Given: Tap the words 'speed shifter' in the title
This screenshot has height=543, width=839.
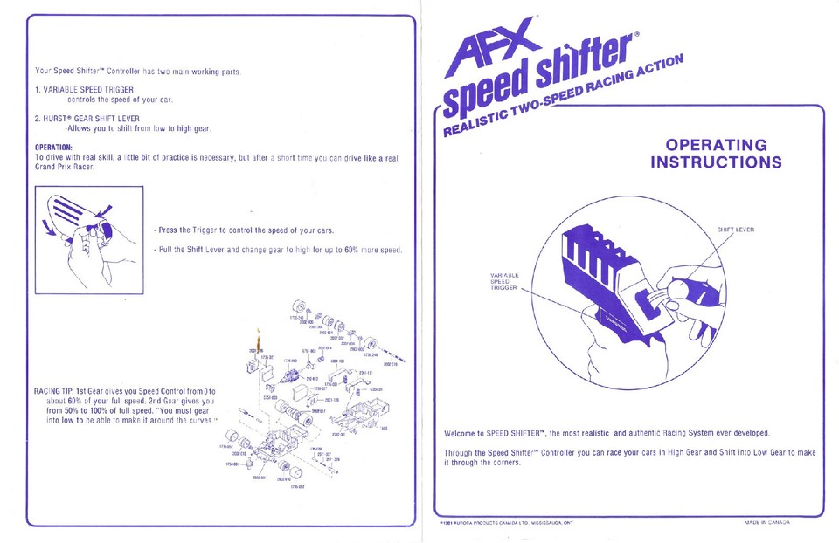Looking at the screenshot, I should tap(543, 84).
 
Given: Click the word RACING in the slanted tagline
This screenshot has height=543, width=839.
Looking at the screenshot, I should tap(620, 83).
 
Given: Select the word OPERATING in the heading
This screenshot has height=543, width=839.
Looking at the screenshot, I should tap(716, 145).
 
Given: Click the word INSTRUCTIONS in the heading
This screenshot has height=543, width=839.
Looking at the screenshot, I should tap(716, 162).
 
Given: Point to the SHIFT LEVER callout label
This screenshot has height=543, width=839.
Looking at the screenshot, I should tap(735, 230).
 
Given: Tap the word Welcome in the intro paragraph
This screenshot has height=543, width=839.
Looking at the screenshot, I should tap(464, 433).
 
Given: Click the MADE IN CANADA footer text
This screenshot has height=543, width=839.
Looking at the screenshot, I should tap(767, 522).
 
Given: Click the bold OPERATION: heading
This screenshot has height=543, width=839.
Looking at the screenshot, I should tap(53, 147).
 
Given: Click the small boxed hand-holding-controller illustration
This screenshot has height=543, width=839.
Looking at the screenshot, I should tap(87, 230).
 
